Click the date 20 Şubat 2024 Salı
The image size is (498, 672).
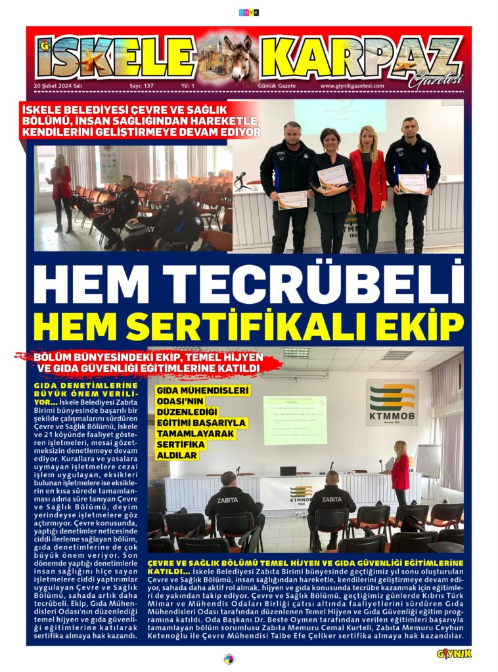[x=57, y=86]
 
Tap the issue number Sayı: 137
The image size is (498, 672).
[x=141, y=86]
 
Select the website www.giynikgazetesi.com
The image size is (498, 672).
[x=351, y=86]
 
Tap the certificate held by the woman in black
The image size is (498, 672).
[x=331, y=176]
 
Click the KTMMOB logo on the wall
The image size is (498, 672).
[x=392, y=402]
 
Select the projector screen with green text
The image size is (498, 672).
[x=295, y=419]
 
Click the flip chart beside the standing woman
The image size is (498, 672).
[x=428, y=461]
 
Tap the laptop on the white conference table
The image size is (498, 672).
[x=288, y=471]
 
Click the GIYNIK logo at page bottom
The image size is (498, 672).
[x=454, y=654]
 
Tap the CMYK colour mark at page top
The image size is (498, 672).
[x=249, y=12]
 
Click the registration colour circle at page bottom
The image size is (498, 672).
[x=229, y=659]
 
